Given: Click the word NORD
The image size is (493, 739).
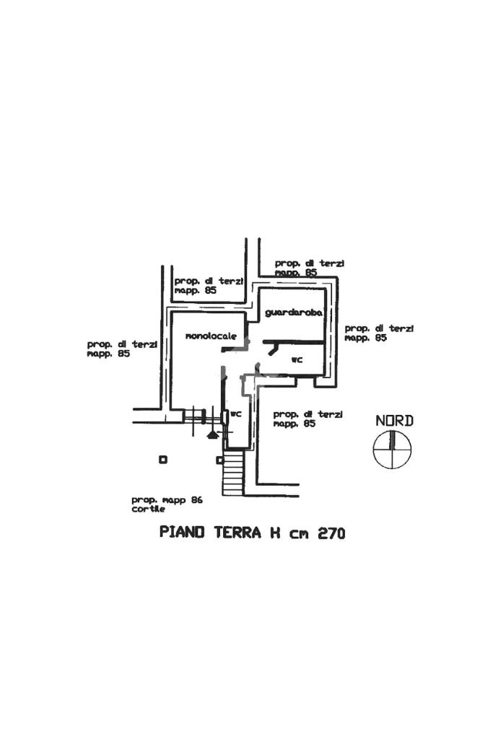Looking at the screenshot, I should pyautogui.click(x=394, y=421).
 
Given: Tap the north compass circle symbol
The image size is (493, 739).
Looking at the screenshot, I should pyautogui.click(x=392, y=450).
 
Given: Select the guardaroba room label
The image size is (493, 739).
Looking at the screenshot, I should pyautogui.click(x=293, y=313).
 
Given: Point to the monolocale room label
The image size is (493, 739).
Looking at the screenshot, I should pyautogui.click(x=211, y=336).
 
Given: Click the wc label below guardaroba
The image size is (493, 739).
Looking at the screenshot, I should pyautogui.click(x=296, y=359).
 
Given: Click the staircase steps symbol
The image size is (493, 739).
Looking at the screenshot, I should pyautogui.click(x=232, y=473).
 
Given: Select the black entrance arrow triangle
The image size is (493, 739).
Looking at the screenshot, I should pyautogui.click(x=212, y=434).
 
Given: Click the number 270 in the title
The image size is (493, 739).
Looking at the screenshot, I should pyautogui.click(x=331, y=533).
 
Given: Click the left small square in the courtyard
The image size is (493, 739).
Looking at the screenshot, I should pyautogui.click(x=163, y=459).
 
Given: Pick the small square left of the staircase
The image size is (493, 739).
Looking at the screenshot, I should pyautogui.click(x=219, y=460).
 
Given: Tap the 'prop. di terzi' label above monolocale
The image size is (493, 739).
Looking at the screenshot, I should pyautogui.click(x=209, y=285).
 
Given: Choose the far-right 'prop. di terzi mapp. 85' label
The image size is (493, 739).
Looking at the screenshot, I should pyautogui.click(x=379, y=333).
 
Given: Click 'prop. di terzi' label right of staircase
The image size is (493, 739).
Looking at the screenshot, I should pyautogui.click(x=307, y=419).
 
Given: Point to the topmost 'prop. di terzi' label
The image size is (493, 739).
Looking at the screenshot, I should pyautogui.click(x=309, y=268).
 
